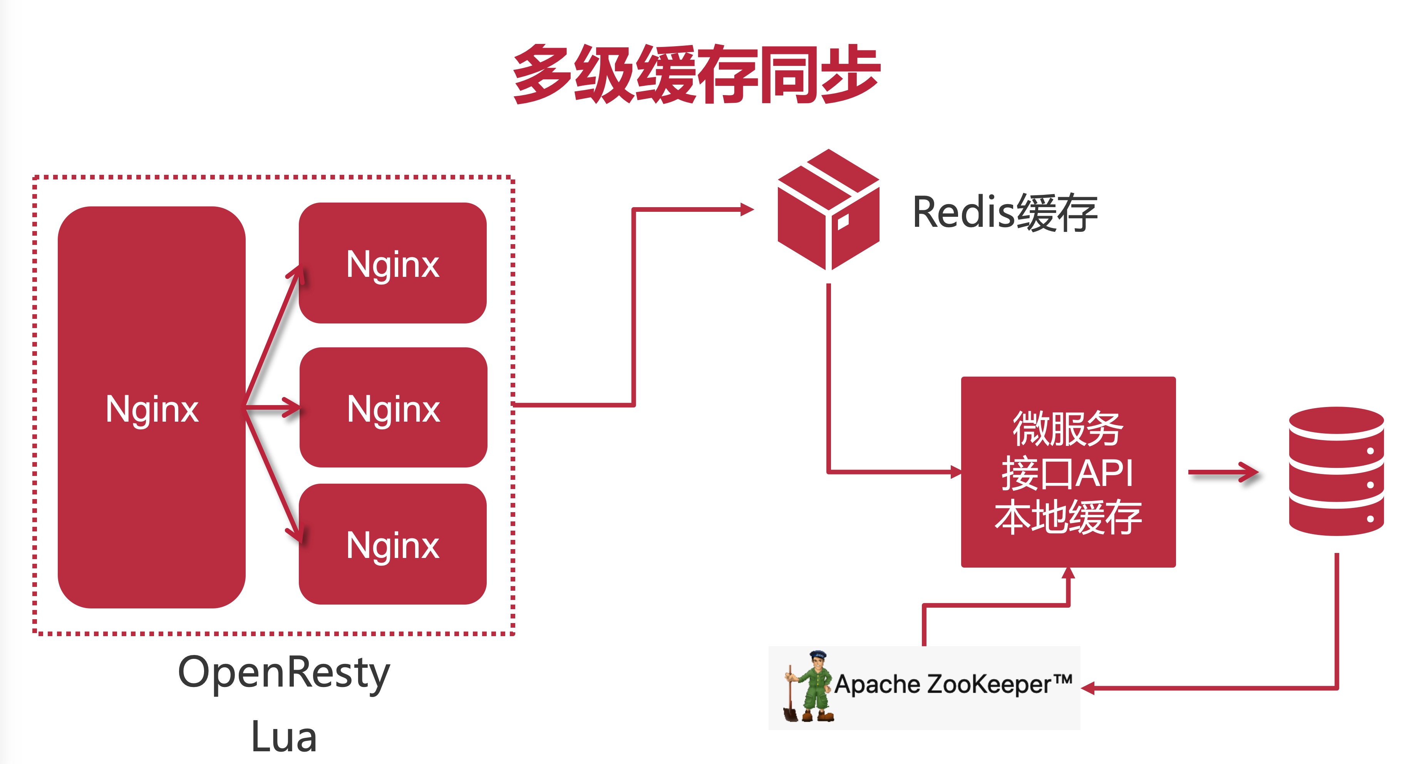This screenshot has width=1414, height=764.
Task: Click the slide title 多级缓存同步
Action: pyautogui.click(x=696, y=74)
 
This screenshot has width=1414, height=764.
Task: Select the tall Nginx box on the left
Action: pyautogui.click(x=151, y=407)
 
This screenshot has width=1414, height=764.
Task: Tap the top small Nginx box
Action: pyautogui.click(x=392, y=263)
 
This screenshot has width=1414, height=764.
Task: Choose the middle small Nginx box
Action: pyautogui.click(x=393, y=408)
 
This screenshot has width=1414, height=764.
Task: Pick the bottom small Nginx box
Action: pyautogui.click(x=392, y=545)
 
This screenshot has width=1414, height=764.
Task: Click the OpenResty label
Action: pyautogui.click(x=283, y=673)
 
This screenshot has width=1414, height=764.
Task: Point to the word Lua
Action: pyautogui.click(x=283, y=737)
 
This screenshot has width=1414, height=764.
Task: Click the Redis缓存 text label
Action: pyautogui.click(x=1005, y=213)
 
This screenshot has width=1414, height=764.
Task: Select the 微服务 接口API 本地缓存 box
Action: pyautogui.click(x=1068, y=472)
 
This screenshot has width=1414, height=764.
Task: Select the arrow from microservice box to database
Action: pyautogui.click(x=1223, y=472)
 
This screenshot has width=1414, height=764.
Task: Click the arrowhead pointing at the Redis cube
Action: pyautogui.click(x=747, y=209)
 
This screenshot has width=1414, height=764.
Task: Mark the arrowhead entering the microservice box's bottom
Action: pyautogui.click(x=1068, y=573)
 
